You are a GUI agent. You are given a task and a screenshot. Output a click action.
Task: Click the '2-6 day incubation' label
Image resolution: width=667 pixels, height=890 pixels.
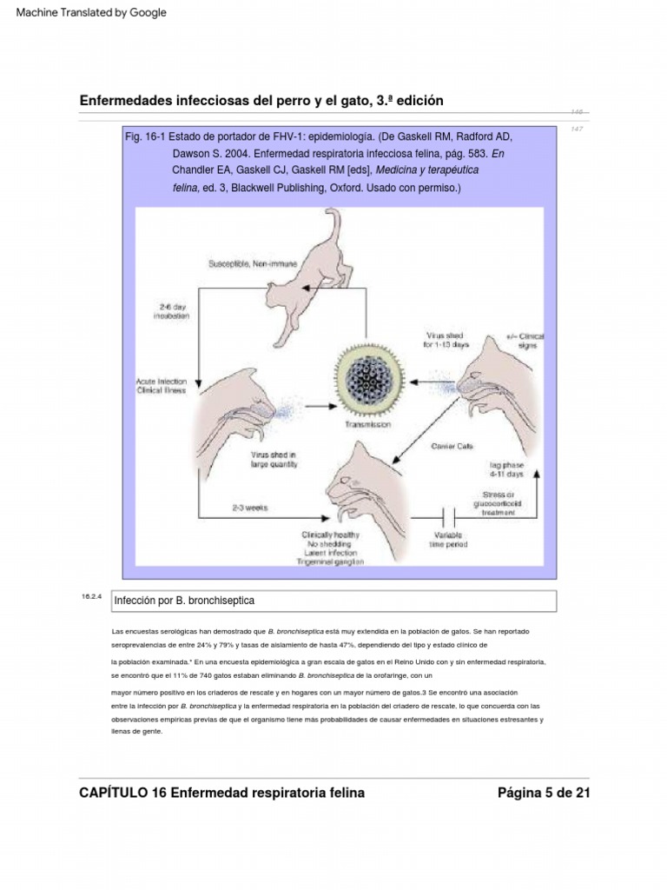pyautogui.click(x=171, y=311)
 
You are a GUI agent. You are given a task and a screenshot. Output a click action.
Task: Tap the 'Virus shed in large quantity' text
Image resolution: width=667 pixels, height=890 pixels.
pyautogui.click(x=274, y=460)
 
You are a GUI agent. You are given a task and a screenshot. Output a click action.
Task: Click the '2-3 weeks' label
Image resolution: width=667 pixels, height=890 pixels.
pyautogui.click(x=249, y=508)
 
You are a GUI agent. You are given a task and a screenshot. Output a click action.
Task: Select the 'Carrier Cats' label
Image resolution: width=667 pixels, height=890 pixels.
pyautogui.click(x=452, y=447)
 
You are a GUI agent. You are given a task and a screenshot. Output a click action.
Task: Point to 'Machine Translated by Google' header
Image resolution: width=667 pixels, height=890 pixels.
pyautogui.click(x=91, y=12)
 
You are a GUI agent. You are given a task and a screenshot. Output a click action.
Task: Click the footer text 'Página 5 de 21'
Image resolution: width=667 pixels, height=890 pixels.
pyautogui.click(x=544, y=792)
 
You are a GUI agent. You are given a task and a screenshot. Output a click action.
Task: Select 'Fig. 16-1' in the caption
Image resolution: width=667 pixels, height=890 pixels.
pyautogui.click(x=145, y=136)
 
